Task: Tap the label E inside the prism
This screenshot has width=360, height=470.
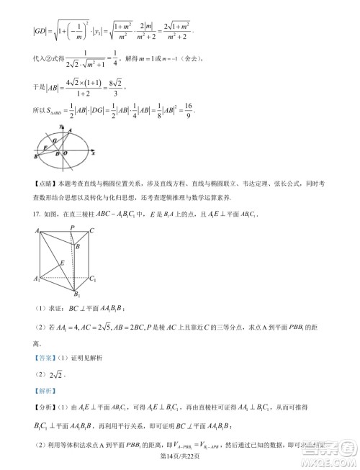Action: pos(63,263)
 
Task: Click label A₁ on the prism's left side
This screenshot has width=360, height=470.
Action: pos(36,279)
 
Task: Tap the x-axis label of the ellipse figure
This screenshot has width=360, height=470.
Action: pos(94,154)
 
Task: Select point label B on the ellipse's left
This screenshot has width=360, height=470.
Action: pos(36,156)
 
